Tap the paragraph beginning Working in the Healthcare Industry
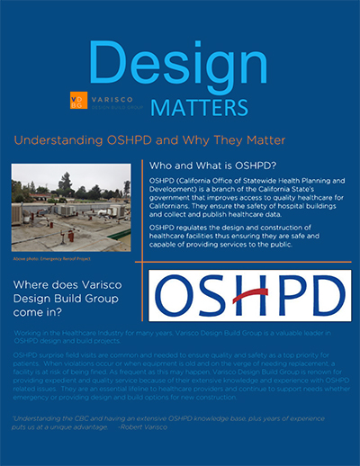click(x=162, y=337)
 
